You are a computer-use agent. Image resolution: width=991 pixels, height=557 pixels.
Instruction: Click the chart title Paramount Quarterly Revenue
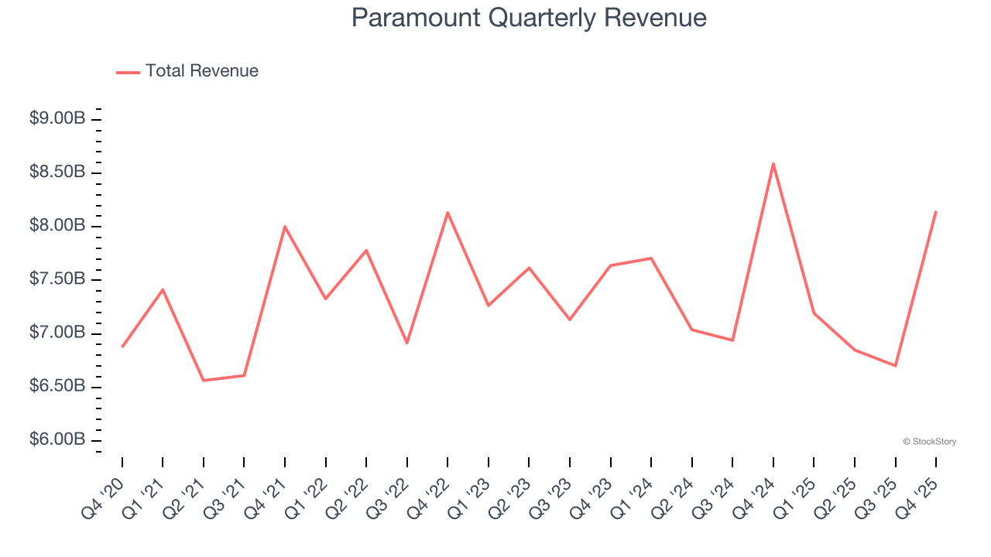529,18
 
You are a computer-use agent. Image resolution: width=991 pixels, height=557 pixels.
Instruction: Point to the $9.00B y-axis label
57,119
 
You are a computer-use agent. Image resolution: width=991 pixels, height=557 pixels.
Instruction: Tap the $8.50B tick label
57,172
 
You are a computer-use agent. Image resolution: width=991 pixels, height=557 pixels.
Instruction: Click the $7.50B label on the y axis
57,279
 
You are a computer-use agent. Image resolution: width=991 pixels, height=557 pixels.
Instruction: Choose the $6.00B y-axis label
57,440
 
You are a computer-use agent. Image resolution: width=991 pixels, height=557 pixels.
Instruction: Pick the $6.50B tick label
57,386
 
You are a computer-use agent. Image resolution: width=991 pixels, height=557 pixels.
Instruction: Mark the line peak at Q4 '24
773,163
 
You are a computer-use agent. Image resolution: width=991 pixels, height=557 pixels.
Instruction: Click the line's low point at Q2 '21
204,381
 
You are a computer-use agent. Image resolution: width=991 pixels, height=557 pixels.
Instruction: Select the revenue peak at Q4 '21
285,227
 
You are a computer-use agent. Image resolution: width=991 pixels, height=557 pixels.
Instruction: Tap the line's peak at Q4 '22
447,213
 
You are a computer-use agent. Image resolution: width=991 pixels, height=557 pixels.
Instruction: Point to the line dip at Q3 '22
407,343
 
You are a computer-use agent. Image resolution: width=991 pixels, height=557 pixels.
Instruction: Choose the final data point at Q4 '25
936,211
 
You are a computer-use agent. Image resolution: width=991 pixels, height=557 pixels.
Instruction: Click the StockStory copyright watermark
929,442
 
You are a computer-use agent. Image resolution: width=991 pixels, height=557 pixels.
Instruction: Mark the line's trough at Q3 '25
896,365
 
